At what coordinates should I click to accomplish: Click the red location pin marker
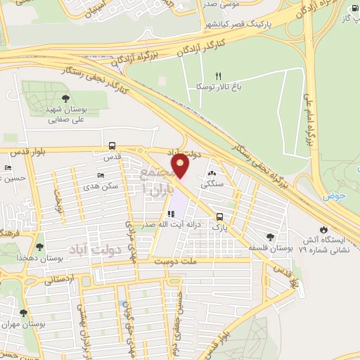click(x=181, y=165)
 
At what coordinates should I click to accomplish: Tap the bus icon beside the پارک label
click(x=220, y=217)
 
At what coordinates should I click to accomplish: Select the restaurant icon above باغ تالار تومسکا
click(x=218, y=76)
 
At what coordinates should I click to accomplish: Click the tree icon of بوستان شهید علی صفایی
click(x=65, y=99)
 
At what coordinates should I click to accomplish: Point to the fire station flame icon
click(x=323, y=229)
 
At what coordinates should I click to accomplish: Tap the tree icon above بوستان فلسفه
click(x=271, y=238)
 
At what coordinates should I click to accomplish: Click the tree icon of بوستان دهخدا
click(x=39, y=247)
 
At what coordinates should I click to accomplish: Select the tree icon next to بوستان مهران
click(x=23, y=313)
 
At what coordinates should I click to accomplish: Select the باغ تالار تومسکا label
click(x=219, y=87)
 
